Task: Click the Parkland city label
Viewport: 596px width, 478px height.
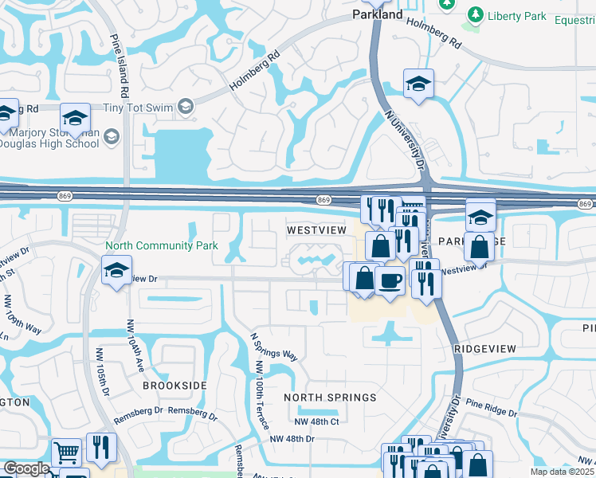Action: coord(378,14)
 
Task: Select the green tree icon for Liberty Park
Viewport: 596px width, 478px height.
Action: coord(475,14)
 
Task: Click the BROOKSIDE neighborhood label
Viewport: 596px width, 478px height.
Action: coord(174,385)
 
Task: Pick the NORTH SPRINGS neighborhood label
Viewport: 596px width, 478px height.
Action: coord(330,398)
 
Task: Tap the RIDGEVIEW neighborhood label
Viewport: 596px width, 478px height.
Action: coord(484,349)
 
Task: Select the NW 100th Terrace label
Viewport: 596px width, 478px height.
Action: coord(258,388)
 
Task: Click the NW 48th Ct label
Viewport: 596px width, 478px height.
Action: coord(316,421)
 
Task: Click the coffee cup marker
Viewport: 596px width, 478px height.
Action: coord(390,281)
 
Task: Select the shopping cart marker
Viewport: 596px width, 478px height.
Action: coord(66,452)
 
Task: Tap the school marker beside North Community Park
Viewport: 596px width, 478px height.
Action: coord(117,270)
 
